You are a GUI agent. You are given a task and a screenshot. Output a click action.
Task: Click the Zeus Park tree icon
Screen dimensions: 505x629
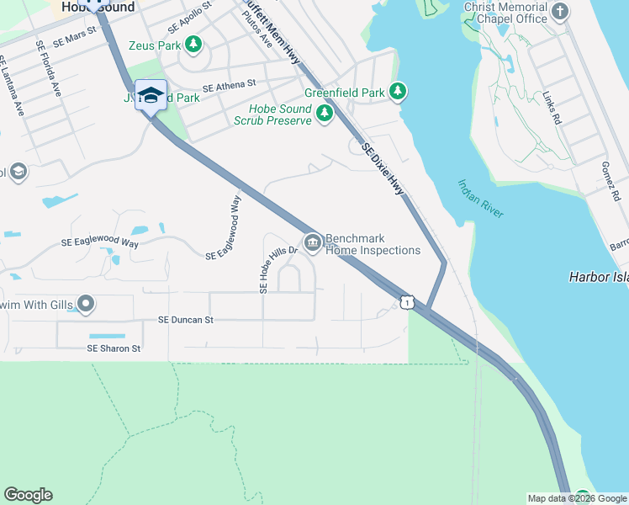point(194,44)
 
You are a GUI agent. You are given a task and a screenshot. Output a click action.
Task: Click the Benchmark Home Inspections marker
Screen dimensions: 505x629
point(313,244)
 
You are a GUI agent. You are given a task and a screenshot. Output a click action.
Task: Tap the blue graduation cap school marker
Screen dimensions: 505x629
point(151,95)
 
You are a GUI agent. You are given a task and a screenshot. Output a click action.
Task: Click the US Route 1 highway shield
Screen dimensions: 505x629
point(407,301)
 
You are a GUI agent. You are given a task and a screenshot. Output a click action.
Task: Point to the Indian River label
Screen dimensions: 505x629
point(480,199)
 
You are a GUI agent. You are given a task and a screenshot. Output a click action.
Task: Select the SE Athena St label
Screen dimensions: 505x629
point(229,85)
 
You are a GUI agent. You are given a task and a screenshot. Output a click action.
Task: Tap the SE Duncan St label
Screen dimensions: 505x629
point(186,320)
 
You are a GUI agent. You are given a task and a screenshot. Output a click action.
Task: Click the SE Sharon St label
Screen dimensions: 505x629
point(114,348)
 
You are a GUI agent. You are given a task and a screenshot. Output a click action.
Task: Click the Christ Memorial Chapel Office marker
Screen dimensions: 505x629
point(561,12)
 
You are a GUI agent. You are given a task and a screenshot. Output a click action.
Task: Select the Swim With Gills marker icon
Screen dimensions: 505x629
point(86,303)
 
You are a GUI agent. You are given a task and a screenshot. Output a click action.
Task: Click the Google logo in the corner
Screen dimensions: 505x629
point(28,495)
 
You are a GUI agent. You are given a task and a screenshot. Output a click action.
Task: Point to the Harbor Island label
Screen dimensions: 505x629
point(598,276)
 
